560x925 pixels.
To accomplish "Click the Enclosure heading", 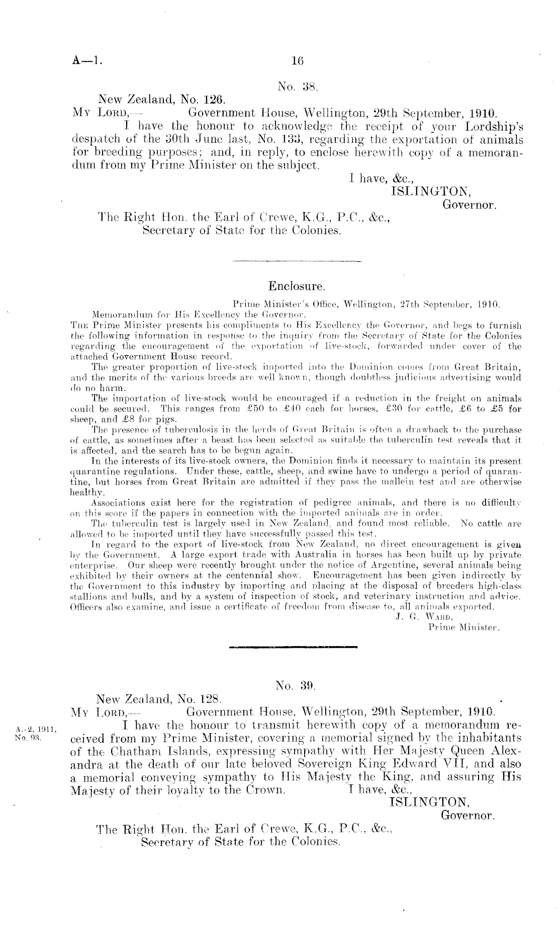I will [297, 286].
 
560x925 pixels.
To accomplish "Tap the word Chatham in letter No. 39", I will [143, 752].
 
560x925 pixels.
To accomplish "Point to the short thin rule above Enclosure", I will [298, 261].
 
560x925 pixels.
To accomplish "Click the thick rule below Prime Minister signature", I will [293, 647].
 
